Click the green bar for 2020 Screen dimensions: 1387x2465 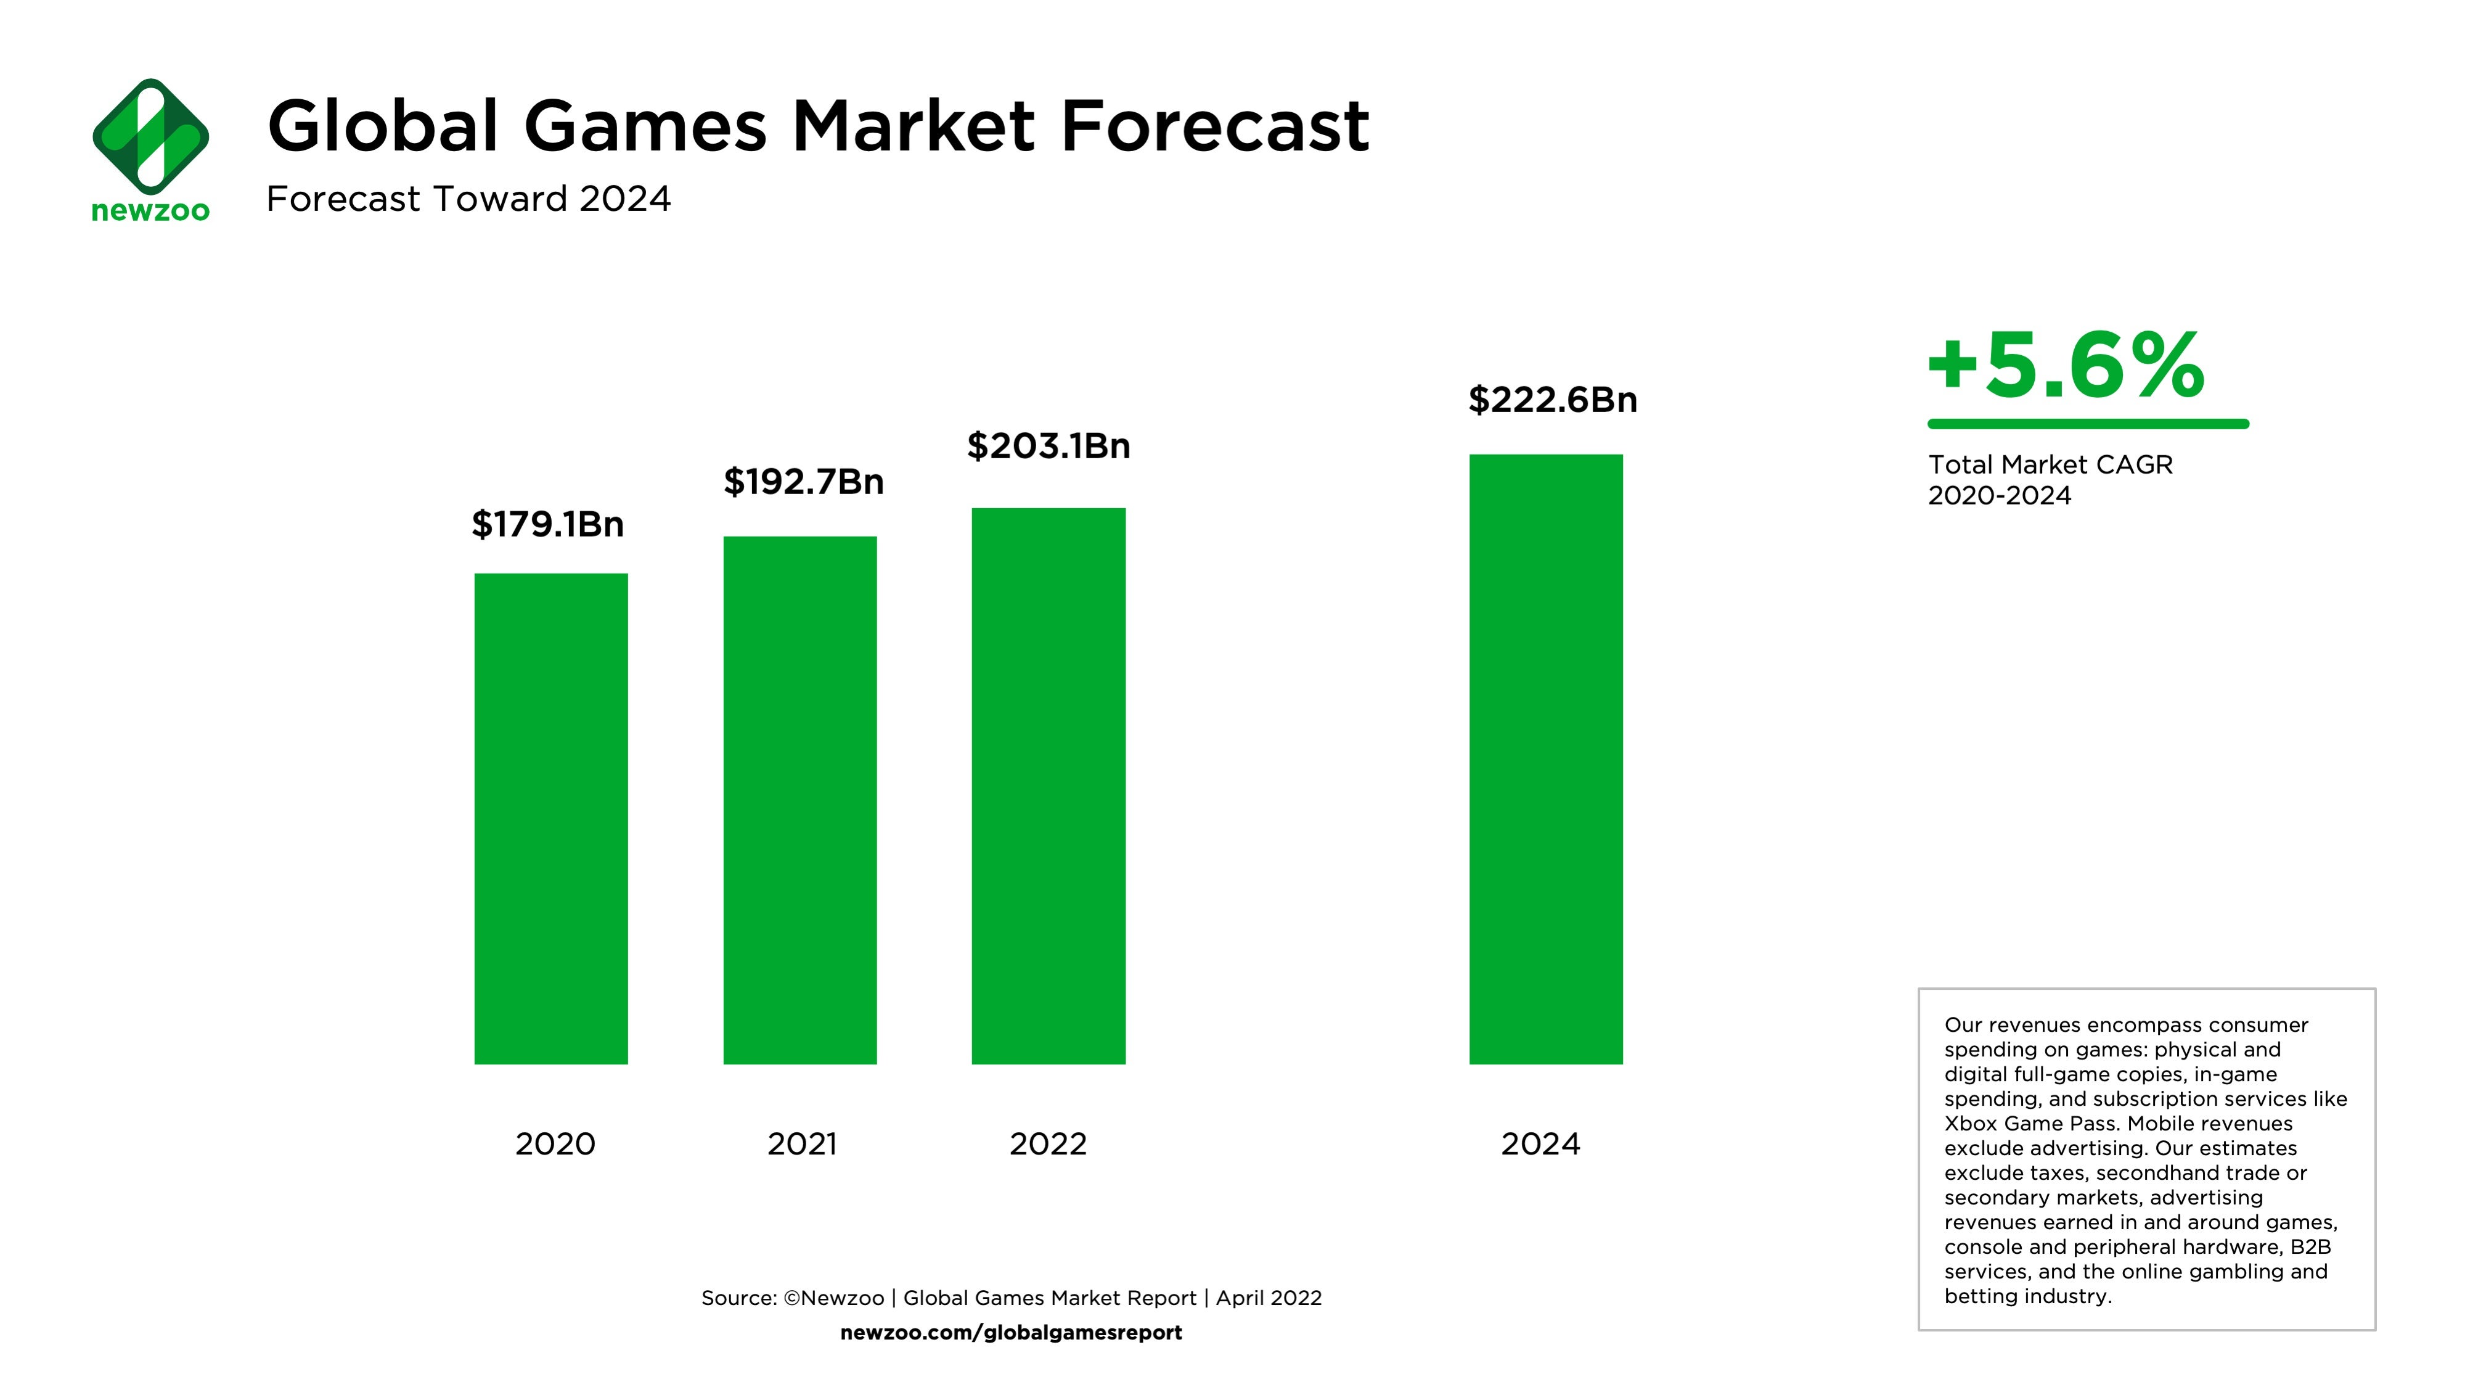(550, 818)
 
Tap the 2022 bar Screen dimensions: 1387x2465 (1048, 785)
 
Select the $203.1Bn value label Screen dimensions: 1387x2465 (1048, 446)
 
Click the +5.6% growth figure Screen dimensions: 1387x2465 (2065, 366)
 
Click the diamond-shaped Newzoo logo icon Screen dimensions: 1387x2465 (150, 136)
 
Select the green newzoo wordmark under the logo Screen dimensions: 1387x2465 (150, 210)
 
